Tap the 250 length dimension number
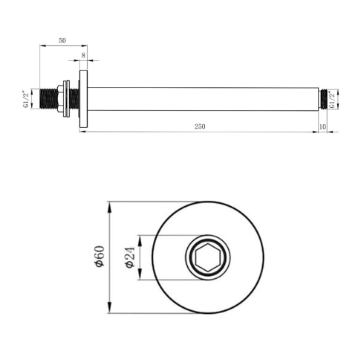coord(199,126)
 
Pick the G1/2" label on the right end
coord(336,99)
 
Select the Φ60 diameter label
coord(99,257)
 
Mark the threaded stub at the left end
coord(51,99)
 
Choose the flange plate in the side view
coord(83,99)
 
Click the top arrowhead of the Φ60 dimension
coord(109,203)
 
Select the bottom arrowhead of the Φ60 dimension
coord(109,312)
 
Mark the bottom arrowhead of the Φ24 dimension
coord(137,277)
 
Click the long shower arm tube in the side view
coord(201,99)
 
